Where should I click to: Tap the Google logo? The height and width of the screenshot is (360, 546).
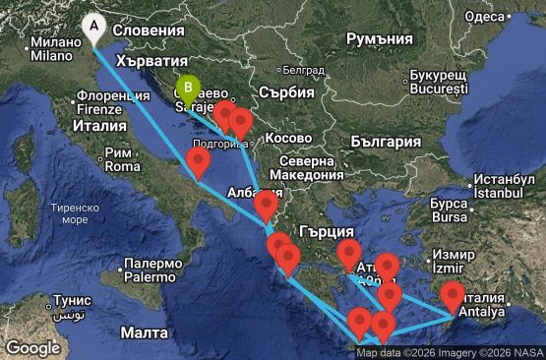[32, 347]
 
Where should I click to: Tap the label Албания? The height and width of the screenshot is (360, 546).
[250, 193]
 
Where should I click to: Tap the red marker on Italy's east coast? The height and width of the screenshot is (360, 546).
[199, 160]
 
